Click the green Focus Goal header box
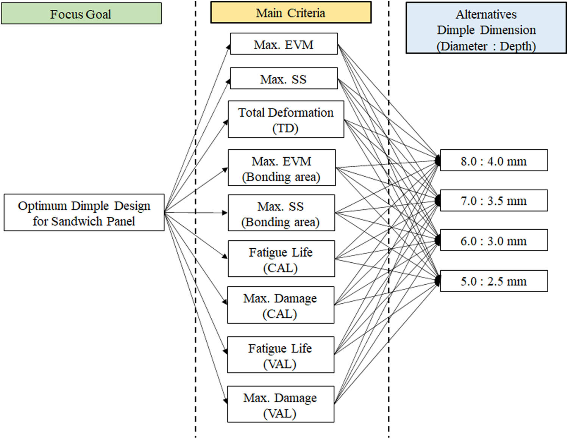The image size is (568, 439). click(81, 14)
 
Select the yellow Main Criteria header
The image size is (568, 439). click(290, 13)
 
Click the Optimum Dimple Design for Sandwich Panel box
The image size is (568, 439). click(84, 213)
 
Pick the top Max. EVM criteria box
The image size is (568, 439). click(284, 44)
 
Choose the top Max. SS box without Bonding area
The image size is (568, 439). click(284, 78)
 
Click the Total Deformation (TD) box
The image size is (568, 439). click(286, 119)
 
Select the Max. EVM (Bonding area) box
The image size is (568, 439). click(281, 168)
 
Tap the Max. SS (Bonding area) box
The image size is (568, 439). click(281, 213)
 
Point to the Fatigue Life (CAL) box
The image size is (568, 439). click(281, 259)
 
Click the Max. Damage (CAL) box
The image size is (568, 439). click(280, 305)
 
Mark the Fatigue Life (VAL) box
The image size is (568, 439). click(280, 355)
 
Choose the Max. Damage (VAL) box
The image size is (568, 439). click(280, 405)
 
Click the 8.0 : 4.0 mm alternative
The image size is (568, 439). click(493, 160)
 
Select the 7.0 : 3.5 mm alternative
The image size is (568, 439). click(493, 201)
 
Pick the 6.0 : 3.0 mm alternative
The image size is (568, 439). click(493, 240)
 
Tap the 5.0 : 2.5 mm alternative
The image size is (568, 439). click(493, 281)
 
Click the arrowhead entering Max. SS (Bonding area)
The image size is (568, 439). click(225, 213)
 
